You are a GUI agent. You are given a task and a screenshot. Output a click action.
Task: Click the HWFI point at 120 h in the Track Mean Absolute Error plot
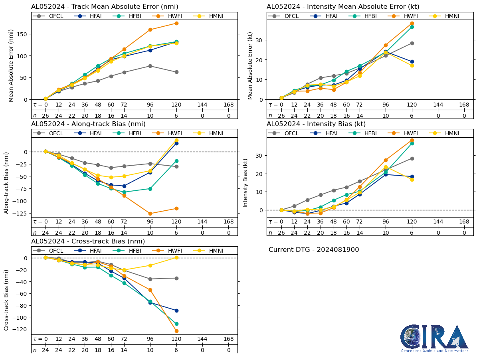pyautogui.click(x=176, y=23)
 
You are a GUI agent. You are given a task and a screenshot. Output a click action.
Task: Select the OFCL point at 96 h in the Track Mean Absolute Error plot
pyautogui.click(x=150, y=66)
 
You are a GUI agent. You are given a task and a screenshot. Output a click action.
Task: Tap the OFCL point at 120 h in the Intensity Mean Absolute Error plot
pyautogui.click(x=412, y=43)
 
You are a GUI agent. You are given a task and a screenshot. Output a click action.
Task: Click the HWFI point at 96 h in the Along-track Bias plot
pyautogui.click(x=150, y=214)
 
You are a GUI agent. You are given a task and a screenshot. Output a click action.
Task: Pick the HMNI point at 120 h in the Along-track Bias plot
pyautogui.click(x=176, y=140)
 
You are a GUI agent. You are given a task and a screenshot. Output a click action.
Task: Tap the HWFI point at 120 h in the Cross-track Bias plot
pyautogui.click(x=176, y=331)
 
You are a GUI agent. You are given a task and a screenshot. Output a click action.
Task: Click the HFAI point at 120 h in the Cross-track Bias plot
pyautogui.click(x=176, y=311)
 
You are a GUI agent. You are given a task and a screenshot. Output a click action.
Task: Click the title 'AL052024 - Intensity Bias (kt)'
pyautogui.click(x=316, y=124)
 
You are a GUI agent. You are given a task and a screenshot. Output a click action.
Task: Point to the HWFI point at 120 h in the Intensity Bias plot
pyautogui.click(x=412, y=140)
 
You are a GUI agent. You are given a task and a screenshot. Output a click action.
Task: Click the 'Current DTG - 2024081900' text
pyautogui.click(x=314, y=250)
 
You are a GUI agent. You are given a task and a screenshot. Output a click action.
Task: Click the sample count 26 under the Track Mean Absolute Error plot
pyautogui.click(x=46, y=115)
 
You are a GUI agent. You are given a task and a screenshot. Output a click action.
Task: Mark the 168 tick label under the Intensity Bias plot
pyautogui.click(x=464, y=222)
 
